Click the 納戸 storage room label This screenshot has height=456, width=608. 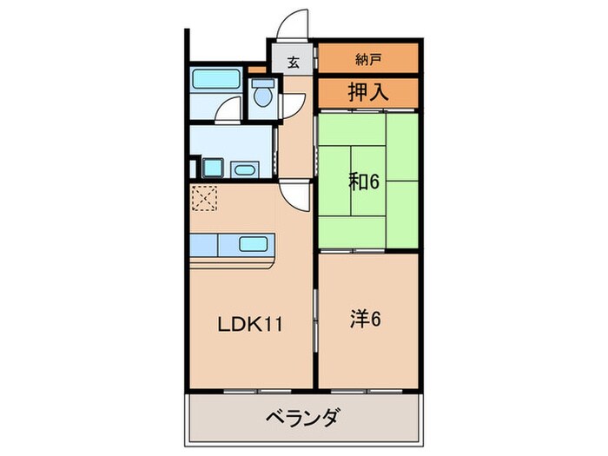point(368,60)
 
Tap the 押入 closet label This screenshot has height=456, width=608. point(368,91)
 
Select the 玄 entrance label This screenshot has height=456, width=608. point(293,63)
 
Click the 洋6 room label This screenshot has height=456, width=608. point(365,319)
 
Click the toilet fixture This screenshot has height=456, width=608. point(261,94)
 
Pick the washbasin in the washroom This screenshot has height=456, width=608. point(244,168)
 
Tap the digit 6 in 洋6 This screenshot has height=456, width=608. point(377,319)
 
